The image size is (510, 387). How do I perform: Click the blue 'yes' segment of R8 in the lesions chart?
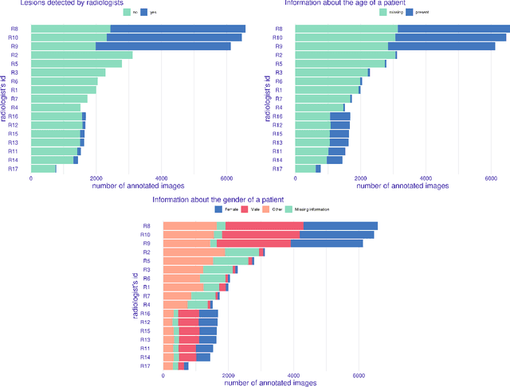177,29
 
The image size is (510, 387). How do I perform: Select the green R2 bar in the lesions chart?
81,55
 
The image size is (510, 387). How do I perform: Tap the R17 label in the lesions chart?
14,168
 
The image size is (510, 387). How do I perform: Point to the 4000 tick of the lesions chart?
161,178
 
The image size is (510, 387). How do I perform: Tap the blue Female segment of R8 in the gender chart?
340,226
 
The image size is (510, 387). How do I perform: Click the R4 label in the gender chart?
147,304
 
